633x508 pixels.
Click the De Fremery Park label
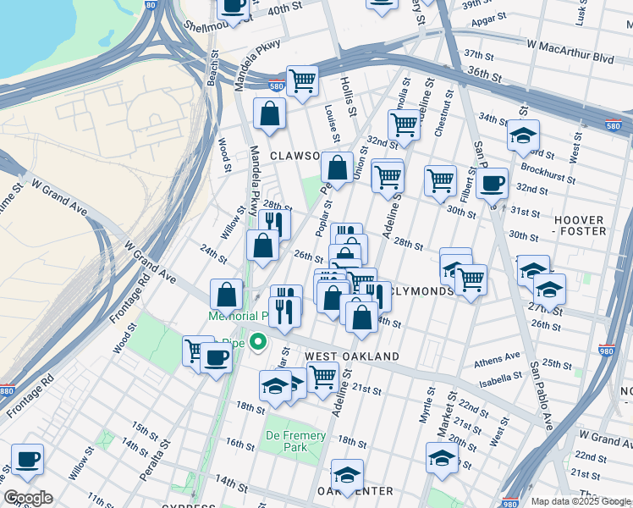coord(296,441)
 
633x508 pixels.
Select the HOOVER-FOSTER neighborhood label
coord(580,225)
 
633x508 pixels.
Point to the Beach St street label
coord(212,70)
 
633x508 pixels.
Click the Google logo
coord(28,498)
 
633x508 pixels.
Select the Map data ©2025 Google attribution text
coord(580,501)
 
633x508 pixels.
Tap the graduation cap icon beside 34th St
coord(523,135)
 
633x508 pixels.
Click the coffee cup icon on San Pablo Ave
coord(492,182)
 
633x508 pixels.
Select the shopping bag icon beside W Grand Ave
coord(228,295)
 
